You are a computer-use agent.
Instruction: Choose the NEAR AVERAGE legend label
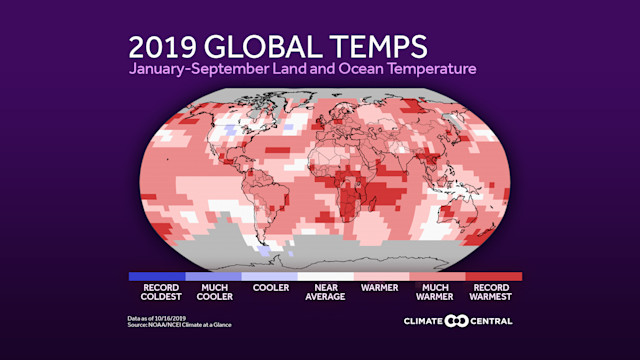coord(325,291)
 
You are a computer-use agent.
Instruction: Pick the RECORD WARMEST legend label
coord(493,291)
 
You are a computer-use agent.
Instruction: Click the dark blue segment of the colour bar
coord(156,276)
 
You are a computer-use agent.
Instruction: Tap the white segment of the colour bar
coord(325,276)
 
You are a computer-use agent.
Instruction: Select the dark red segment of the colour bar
coord(493,276)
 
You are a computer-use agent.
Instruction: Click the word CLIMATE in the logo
coord(424,321)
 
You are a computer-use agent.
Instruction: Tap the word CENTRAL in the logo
coord(490,321)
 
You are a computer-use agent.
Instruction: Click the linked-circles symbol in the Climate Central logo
coord(457,321)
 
